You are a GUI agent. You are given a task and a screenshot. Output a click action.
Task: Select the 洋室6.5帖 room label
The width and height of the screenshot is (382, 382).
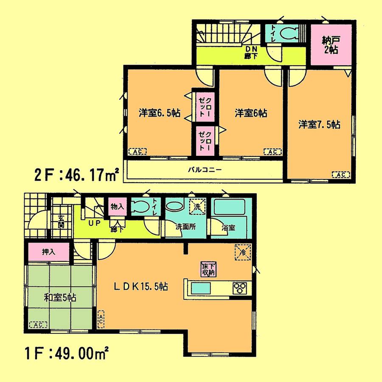pos(159,113)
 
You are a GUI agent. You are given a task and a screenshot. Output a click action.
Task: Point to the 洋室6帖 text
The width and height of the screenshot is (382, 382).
pos(251,113)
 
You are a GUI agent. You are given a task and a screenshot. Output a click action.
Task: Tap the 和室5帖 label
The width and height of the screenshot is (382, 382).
pos(60,297)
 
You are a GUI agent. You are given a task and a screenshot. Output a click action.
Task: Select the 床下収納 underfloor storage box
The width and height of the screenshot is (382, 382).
pos(208,269)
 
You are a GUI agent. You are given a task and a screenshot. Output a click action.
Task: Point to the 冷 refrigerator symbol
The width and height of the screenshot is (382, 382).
pos(242,252)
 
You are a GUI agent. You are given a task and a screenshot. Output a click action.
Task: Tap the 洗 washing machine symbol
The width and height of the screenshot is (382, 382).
pos(197,206)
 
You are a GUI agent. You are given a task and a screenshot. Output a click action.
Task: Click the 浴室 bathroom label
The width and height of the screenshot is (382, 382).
pos(228,227)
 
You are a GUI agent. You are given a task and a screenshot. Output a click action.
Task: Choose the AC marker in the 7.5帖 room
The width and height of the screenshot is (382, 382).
pos(340,174)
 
